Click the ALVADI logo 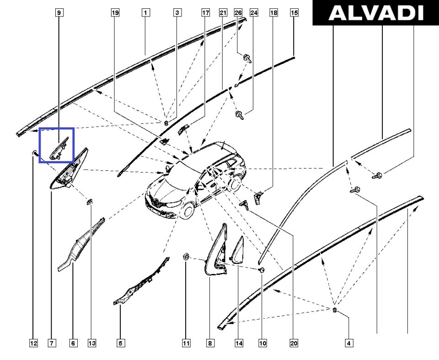point(375,13)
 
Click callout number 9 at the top point(59,13)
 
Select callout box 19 point(115,13)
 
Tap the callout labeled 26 point(238,13)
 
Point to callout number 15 point(294,13)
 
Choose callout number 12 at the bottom point(33,343)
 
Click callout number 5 point(120,343)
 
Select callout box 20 point(294,343)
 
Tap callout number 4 point(348,343)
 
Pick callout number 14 point(239,343)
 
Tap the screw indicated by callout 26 point(248,59)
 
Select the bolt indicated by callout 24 point(240,115)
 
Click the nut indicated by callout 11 point(185,256)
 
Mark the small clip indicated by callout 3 point(166,123)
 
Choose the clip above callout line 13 point(90,202)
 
